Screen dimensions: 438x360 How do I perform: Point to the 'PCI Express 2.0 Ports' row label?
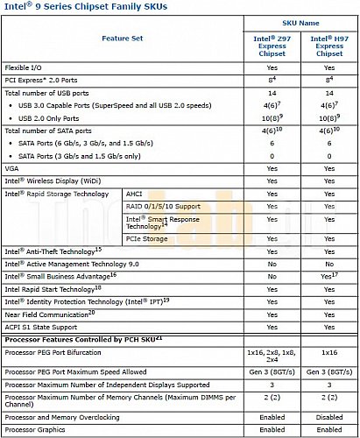click(42, 80)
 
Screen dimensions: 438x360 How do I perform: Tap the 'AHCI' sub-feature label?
click(137, 194)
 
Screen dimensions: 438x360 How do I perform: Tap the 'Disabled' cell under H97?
click(328, 417)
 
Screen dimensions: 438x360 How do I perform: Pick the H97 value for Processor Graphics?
click(328, 430)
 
